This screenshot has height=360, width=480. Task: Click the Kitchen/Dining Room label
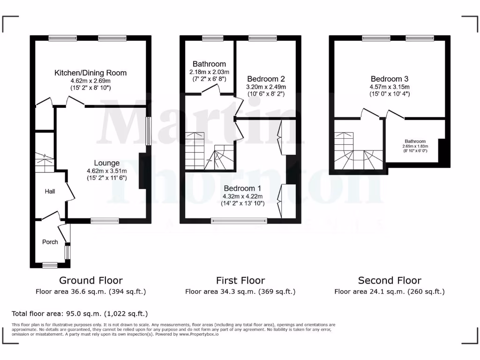(90, 73)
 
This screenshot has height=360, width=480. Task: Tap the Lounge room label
(106, 163)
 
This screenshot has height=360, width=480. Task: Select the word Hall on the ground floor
(50, 191)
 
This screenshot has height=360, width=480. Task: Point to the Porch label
(50, 242)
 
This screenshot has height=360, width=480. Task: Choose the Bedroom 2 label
(266, 79)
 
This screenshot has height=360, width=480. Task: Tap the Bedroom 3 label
(389, 79)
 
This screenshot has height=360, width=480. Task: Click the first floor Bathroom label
(209, 64)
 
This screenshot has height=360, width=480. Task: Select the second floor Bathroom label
(415, 141)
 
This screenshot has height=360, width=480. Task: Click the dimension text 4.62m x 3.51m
(106, 171)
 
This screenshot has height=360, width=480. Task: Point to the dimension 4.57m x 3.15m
(389, 87)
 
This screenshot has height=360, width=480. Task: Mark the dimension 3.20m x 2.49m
(266, 87)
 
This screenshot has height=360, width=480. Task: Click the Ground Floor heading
(90, 280)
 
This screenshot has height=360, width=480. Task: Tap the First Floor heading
(240, 280)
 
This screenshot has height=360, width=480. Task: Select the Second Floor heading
(389, 280)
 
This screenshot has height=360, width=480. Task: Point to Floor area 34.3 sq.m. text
(240, 292)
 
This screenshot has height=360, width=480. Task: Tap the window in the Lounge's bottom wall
(105, 220)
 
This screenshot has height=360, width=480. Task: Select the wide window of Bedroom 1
(239, 220)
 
